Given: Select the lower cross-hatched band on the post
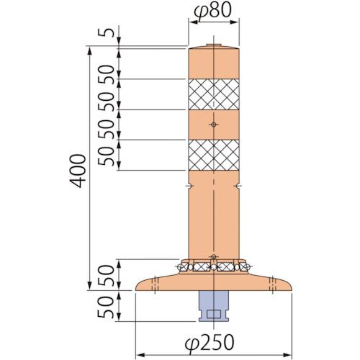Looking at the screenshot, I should coord(213,154).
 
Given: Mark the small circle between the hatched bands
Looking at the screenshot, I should coord(213,125).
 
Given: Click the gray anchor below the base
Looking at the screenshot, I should coord(213,305).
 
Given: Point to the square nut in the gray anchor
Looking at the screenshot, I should coord(213,314).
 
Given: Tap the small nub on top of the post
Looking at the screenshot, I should coord(213,45).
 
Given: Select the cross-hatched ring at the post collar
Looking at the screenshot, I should coord(213,267).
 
